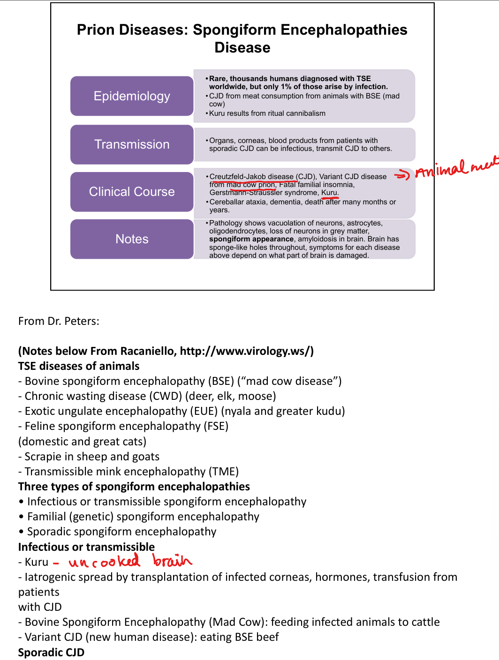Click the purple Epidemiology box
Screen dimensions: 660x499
[x=132, y=96]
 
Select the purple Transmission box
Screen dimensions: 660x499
[x=132, y=144]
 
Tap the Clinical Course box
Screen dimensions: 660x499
[x=132, y=192]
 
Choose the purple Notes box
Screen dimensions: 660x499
[x=132, y=239]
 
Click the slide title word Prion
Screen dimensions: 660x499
[x=96, y=30]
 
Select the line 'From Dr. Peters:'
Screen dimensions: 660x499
[x=59, y=321]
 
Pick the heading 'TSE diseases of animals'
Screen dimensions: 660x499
[x=79, y=366]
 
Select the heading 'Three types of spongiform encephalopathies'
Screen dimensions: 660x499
[x=134, y=487]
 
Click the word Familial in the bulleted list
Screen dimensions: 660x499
[x=46, y=517]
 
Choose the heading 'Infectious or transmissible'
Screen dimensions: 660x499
[x=86, y=547]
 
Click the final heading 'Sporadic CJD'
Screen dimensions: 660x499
[x=51, y=652]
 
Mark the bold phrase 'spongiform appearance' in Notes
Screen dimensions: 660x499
[x=251, y=239]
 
